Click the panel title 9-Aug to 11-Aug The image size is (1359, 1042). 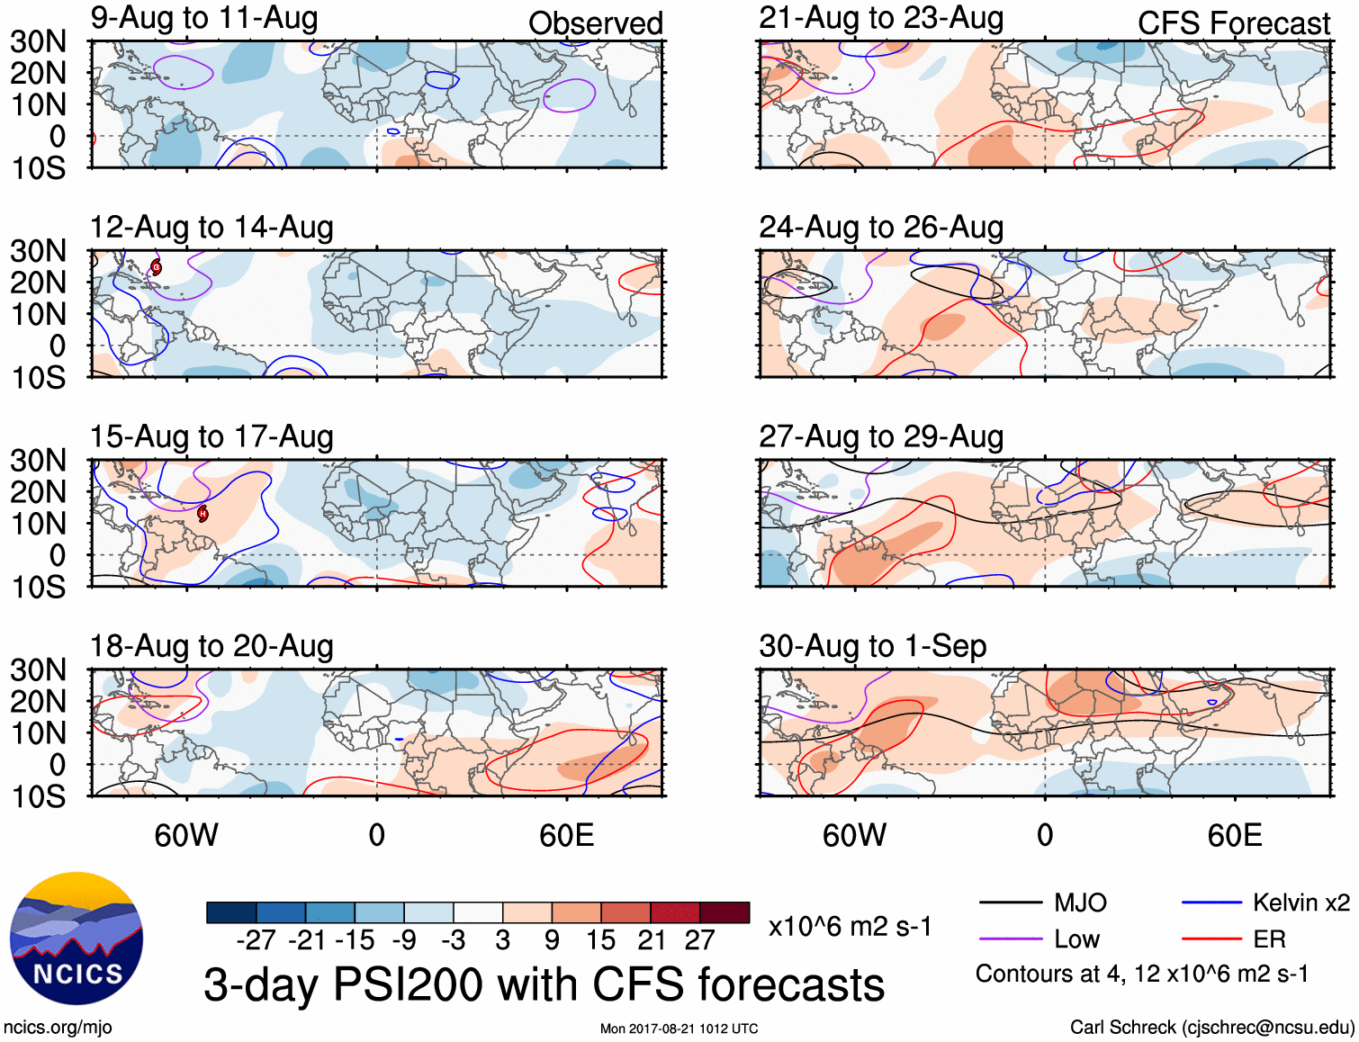[x=204, y=19]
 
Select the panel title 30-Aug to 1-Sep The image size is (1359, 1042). [x=872, y=646]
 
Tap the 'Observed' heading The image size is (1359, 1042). [x=595, y=23]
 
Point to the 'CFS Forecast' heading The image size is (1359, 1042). [x=1233, y=23]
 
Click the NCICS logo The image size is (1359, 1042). [x=76, y=939]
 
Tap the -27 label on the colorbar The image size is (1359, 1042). [x=256, y=940]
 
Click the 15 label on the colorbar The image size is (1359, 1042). [x=600, y=940]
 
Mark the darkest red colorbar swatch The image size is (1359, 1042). [x=724, y=912]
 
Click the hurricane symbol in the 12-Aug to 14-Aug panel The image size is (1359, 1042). [x=156, y=266]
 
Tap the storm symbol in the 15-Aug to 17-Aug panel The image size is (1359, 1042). [x=202, y=514]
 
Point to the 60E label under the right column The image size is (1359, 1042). [x=1234, y=835]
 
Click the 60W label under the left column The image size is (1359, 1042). [x=186, y=835]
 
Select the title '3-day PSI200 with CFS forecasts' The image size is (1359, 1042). [x=544, y=984]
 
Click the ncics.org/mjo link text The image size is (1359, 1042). [x=58, y=1028]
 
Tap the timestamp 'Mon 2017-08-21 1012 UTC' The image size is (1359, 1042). [x=679, y=1029]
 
